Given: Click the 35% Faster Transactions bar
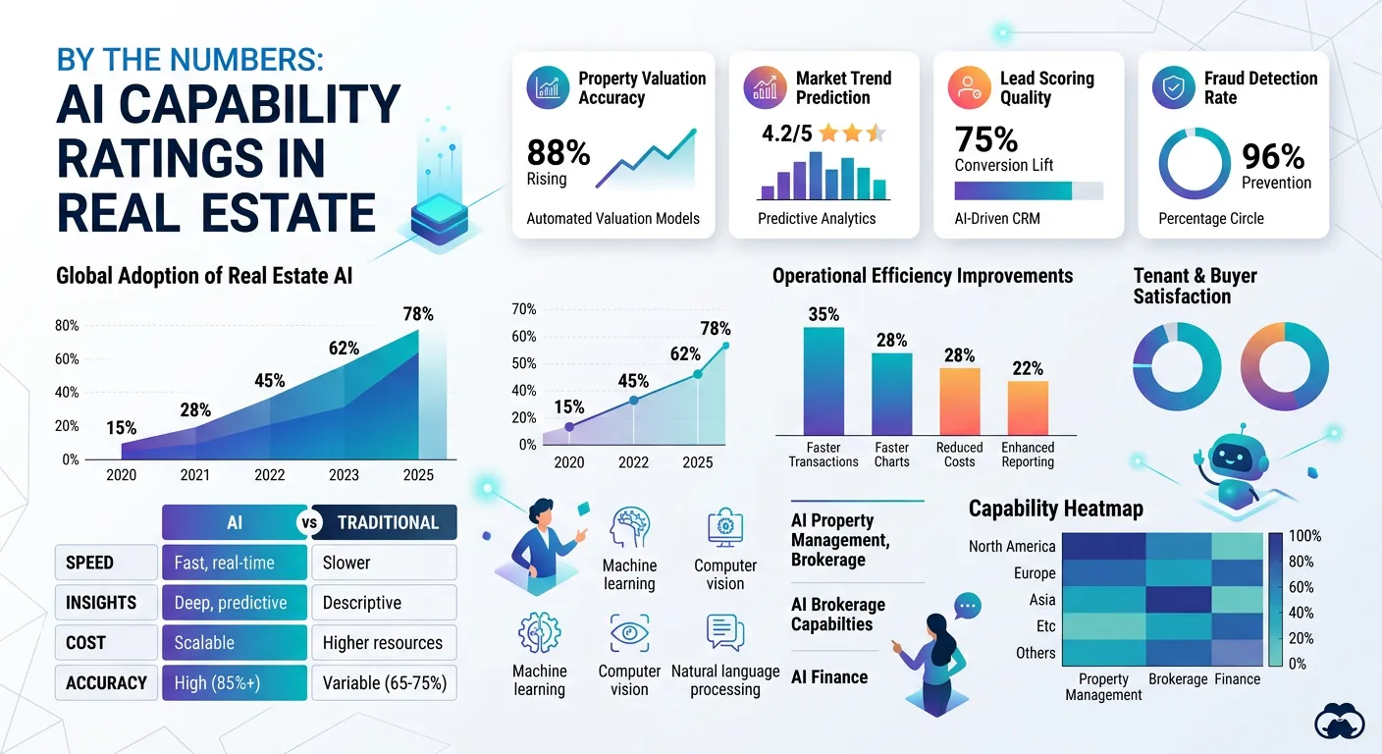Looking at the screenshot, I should tap(823, 381).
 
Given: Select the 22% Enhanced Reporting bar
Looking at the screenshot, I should tap(1027, 407).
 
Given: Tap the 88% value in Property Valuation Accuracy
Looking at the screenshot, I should tap(558, 152).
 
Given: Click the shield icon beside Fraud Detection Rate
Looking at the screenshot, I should tap(1173, 87).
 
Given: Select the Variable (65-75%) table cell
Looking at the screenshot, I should tap(384, 682).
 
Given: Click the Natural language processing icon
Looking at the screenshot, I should tap(725, 633).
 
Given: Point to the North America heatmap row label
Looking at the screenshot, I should tap(1011, 546).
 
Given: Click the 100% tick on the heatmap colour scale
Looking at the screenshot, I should tap(1303, 536).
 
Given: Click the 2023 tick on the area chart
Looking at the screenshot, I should tap(344, 474).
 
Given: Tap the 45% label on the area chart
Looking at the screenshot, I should tap(269, 380).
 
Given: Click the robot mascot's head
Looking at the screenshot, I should tap(1228, 457).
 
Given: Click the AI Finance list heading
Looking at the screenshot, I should tap(829, 676).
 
